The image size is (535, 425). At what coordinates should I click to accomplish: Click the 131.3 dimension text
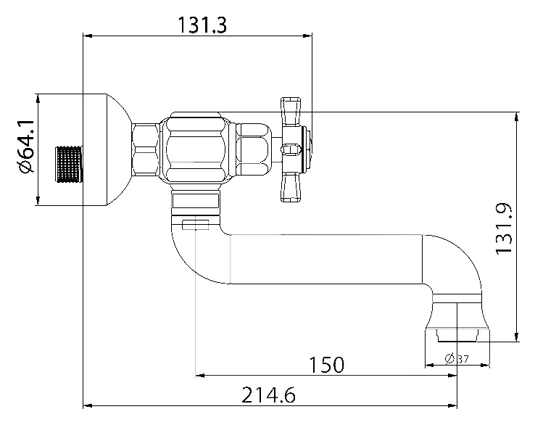pyautogui.click(x=202, y=25)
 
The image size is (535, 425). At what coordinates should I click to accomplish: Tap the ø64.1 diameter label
pyautogui.click(x=25, y=147)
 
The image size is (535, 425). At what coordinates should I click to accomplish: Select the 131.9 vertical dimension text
pyautogui.click(x=504, y=228)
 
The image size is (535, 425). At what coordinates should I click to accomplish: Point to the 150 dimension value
pyautogui.click(x=326, y=364)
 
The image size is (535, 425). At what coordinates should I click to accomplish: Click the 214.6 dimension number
pyautogui.click(x=268, y=395)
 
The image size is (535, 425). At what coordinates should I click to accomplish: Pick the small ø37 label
pyautogui.click(x=457, y=359)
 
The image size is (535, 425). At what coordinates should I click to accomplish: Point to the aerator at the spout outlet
pyautogui.click(x=457, y=335)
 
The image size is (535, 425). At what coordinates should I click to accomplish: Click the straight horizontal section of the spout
pyautogui.click(x=326, y=259)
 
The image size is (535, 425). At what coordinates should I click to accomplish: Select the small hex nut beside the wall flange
pyautogui.click(x=146, y=150)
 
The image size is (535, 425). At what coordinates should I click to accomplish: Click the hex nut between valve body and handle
pyautogui.click(x=254, y=150)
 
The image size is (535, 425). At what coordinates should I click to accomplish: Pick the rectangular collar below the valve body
pyautogui.click(x=196, y=201)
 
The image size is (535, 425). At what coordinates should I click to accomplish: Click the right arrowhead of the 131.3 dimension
pyautogui.click(x=308, y=35)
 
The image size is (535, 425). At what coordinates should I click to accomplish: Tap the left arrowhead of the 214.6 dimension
pyautogui.click(x=88, y=405)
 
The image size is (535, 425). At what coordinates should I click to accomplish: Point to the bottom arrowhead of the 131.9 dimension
pyautogui.click(x=517, y=337)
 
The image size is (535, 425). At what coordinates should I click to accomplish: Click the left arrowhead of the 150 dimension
pyautogui.click(x=200, y=376)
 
